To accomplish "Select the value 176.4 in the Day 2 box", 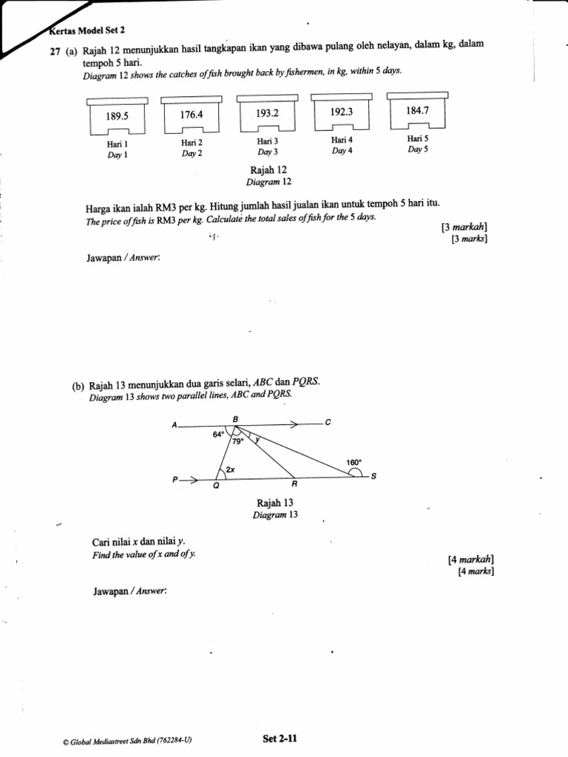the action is click(191, 115).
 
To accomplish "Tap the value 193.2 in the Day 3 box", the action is click(267, 113).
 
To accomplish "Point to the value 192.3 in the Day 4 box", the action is click(340, 112).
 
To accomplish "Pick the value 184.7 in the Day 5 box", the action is click(417, 110).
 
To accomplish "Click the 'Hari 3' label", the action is click(267, 141).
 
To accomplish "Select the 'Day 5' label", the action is click(418, 149).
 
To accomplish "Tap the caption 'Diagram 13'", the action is click(274, 515).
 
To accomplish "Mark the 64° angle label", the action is click(218, 435).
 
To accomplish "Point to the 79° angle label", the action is click(237, 441).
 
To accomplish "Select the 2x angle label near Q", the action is click(231, 469).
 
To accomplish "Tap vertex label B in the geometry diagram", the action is click(235, 418).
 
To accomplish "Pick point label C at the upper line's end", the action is click(328, 423).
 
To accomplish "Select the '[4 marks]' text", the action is click(476, 571).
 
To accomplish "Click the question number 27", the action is click(55, 47).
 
